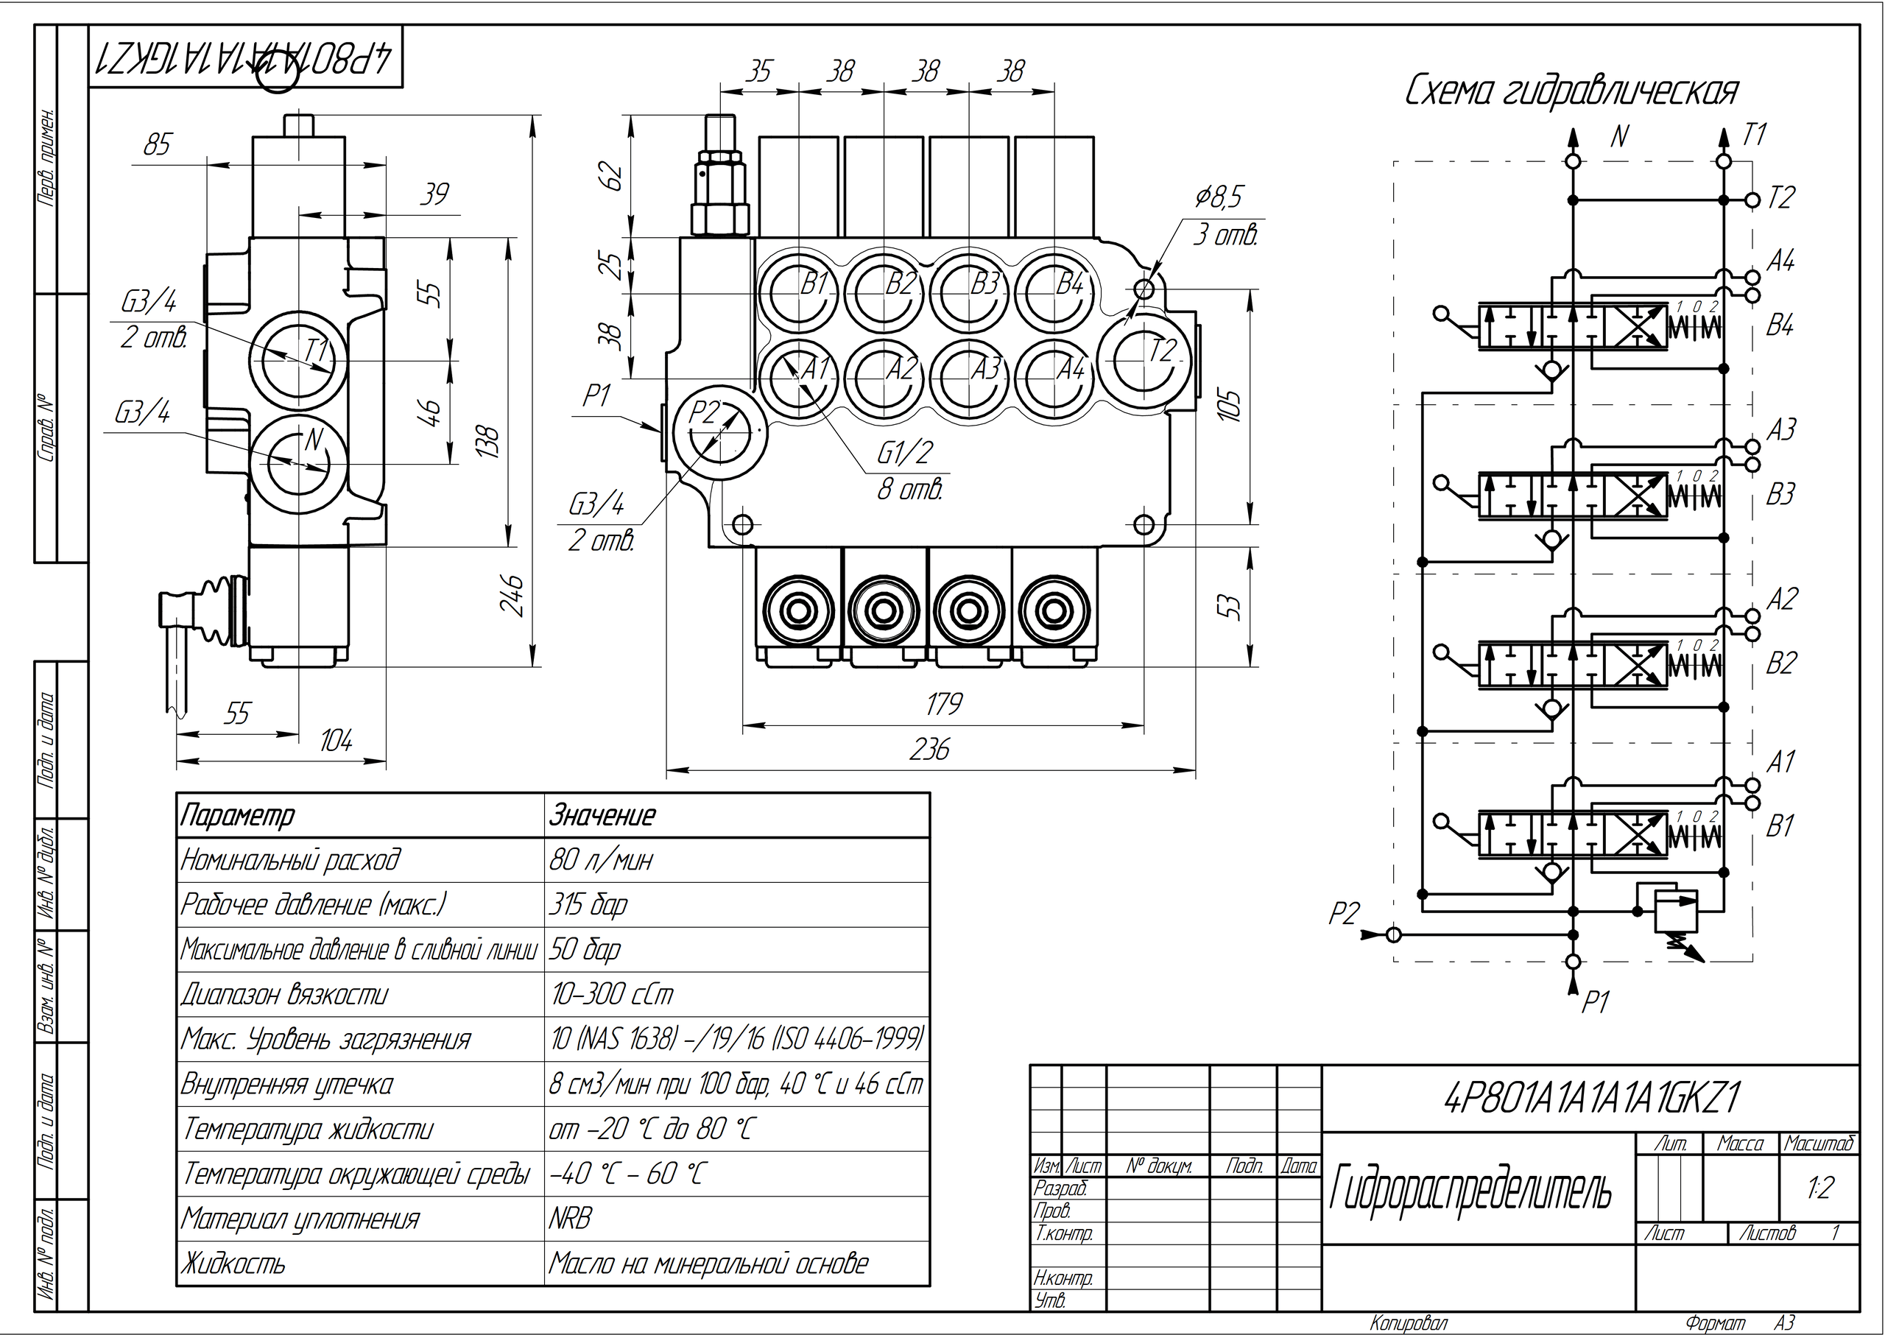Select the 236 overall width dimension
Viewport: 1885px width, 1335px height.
pos(929,750)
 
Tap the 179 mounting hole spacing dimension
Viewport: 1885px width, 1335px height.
pos(943,705)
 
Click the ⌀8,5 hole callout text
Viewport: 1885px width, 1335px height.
pos(1219,197)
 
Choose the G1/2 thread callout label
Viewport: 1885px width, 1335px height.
pos(905,453)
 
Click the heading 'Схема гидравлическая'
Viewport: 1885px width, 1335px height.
pos(1571,92)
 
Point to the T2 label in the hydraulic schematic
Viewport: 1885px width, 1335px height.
pos(1780,198)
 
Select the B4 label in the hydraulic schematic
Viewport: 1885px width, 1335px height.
pos(1780,326)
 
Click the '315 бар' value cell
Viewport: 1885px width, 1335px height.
pos(588,905)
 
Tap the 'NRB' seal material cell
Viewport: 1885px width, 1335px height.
pos(571,1218)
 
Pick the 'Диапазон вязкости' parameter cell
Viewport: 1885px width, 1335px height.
pos(283,995)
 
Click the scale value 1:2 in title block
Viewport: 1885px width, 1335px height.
pos(1820,1188)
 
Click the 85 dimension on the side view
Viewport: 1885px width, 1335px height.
pos(157,146)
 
